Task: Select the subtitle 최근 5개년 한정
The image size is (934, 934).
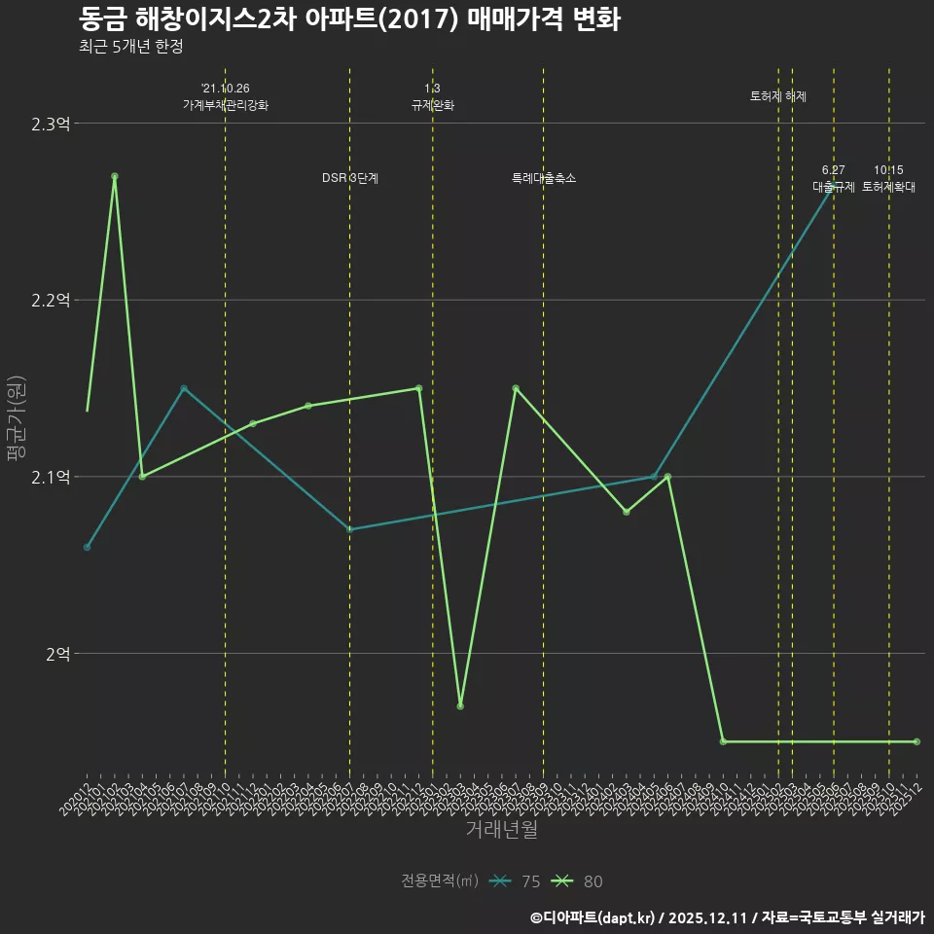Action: [x=130, y=47]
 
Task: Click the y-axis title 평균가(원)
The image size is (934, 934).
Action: [x=15, y=418]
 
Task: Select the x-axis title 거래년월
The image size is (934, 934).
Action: [x=501, y=829]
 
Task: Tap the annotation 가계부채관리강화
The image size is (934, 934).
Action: [x=226, y=105]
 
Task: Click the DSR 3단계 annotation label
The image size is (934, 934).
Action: [x=350, y=178]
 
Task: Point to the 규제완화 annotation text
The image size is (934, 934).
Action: [x=433, y=105]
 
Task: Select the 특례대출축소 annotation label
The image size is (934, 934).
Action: [x=544, y=178]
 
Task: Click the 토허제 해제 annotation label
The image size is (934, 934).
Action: [x=778, y=96]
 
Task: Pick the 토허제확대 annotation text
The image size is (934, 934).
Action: [x=888, y=187]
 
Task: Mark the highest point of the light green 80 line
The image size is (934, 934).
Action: [x=115, y=176]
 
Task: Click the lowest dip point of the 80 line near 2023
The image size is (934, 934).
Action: [x=460, y=705]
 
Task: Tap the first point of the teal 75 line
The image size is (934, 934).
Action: [x=87, y=547]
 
